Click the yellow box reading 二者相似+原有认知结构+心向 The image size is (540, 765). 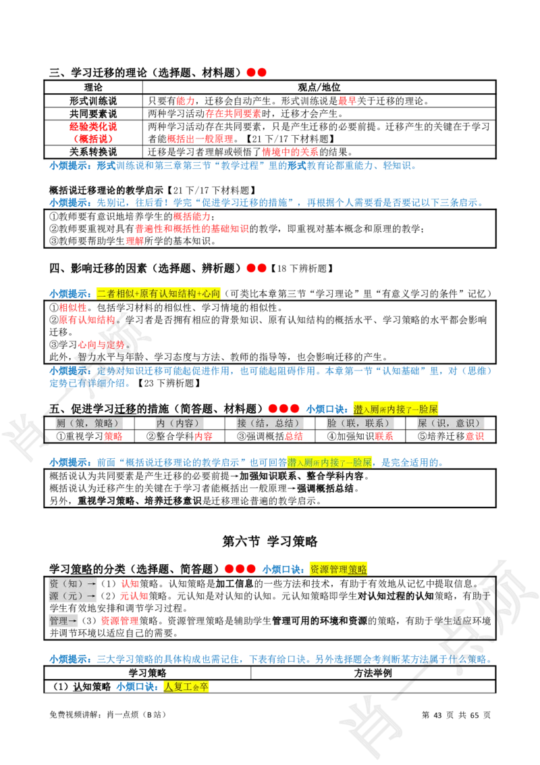click(157, 294)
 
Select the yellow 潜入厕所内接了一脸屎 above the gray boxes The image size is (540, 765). click(396, 408)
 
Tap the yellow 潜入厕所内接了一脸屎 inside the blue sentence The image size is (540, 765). click(329, 462)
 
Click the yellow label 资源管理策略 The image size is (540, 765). click(339, 569)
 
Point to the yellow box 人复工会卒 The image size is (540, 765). click(186, 687)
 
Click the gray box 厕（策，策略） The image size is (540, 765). click(89, 423)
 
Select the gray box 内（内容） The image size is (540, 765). click(178, 423)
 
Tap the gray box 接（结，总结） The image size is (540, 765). click(268, 423)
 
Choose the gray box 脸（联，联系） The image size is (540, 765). click(359, 423)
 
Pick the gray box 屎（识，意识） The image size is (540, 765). click(450, 423)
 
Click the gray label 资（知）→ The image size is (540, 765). click(72, 583)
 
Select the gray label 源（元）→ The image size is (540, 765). click(72, 596)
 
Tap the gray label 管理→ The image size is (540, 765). click(64, 620)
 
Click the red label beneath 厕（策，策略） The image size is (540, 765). click(113, 437)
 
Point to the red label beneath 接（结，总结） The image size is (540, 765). click(293, 437)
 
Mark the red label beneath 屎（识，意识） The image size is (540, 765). click(475, 437)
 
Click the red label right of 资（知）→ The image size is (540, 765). click(130, 583)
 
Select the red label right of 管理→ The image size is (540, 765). click(119, 620)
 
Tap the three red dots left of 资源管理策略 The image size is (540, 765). click(240, 569)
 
